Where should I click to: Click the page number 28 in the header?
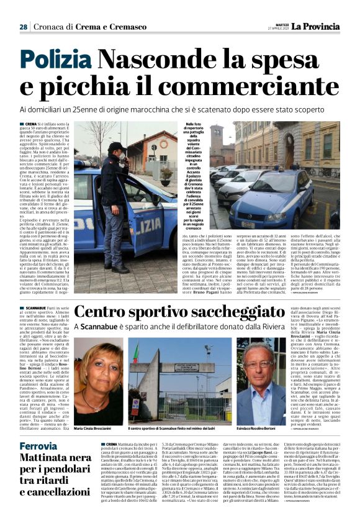23,27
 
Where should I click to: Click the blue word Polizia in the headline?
55,60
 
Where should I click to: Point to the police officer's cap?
117,147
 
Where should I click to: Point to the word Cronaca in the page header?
52,27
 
